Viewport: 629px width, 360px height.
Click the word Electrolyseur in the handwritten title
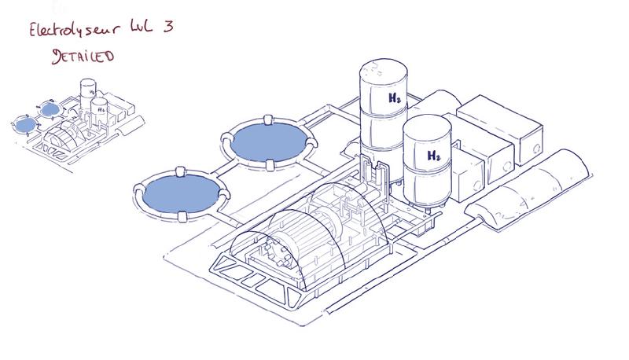click(x=74, y=30)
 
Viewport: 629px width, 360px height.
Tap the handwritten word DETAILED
click(x=83, y=56)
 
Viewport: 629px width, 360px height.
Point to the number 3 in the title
click(x=168, y=27)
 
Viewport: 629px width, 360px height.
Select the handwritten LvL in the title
click(x=141, y=28)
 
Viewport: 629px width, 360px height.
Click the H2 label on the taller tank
click(x=395, y=97)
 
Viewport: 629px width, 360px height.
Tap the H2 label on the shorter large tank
click(x=434, y=156)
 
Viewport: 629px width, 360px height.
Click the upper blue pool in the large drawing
click(x=269, y=142)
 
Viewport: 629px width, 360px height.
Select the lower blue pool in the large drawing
click(x=181, y=194)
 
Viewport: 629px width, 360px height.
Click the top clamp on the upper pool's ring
click(x=268, y=120)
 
